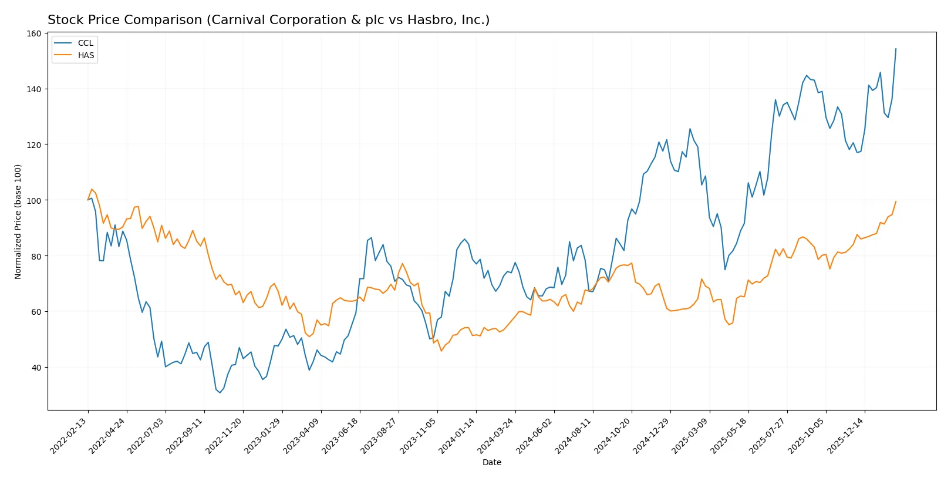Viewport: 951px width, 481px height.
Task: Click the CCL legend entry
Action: (x=85, y=43)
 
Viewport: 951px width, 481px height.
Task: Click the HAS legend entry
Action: (x=86, y=55)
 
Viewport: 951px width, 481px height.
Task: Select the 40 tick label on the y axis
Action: (x=36, y=368)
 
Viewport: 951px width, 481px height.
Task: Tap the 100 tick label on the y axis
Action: (x=35, y=200)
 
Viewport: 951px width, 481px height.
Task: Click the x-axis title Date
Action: (x=491, y=462)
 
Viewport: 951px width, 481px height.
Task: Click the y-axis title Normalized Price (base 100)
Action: (x=18, y=221)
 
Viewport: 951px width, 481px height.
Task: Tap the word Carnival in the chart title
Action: (x=232, y=20)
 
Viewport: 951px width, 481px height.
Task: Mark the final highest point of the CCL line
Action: (x=896, y=49)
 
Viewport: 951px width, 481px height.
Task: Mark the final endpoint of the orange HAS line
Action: (x=896, y=201)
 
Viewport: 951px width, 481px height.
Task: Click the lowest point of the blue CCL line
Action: (x=220, y=392)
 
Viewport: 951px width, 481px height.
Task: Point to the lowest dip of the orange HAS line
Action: (x=441, y=351)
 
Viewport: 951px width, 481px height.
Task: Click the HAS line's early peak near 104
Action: (x=92, y=189)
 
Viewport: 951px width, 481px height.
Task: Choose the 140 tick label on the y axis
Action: (x=35, y=89)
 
